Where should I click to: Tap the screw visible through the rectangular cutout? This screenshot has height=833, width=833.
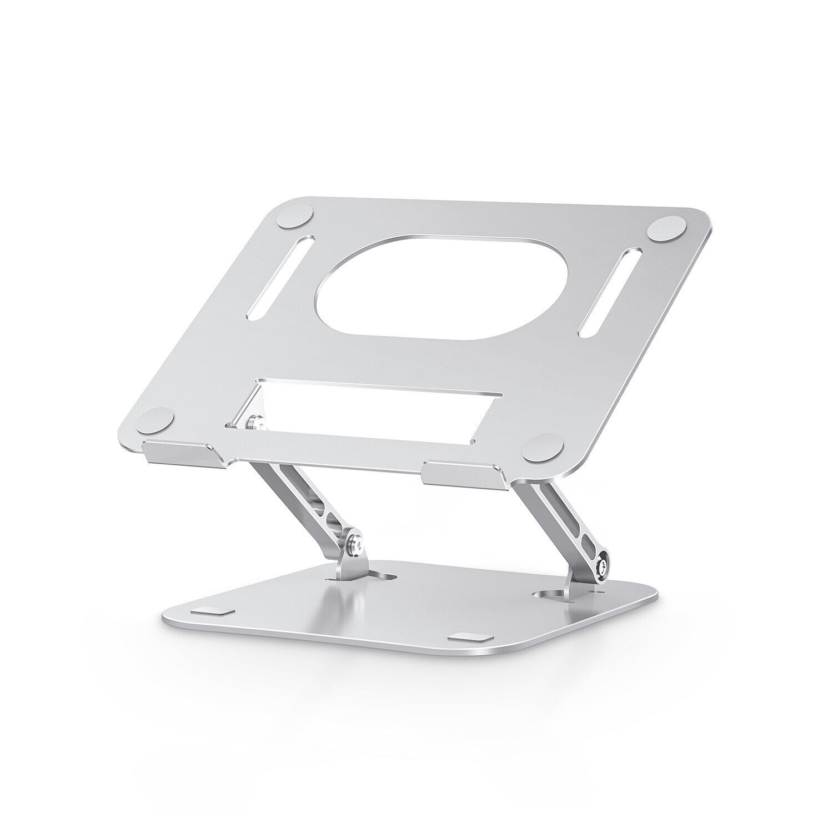[x=254, y=423]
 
